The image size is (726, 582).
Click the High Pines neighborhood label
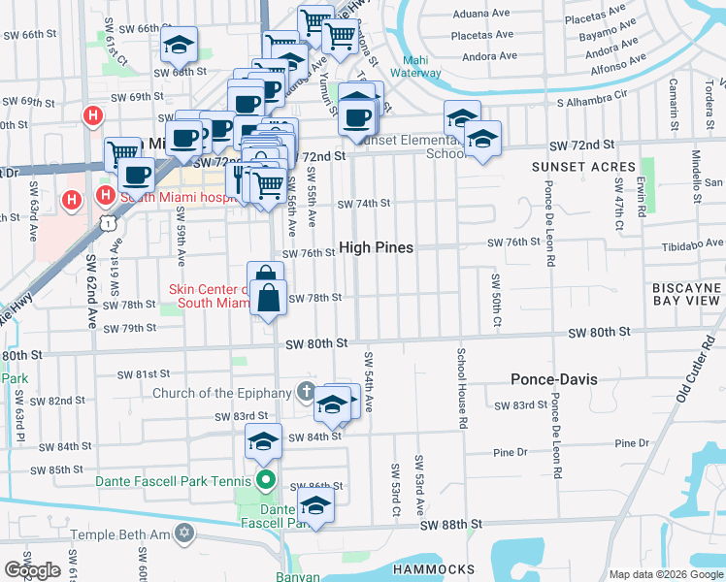coord(376,248)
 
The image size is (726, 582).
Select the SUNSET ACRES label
coord(583,167)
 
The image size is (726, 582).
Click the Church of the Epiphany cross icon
coord(306,393)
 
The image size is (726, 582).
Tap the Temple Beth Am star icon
coord(184,534)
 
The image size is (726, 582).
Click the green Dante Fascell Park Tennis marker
coord(264,479)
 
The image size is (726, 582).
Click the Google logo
coord(32,570)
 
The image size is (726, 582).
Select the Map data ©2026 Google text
coord(665,574)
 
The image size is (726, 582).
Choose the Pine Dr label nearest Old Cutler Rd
coord(631,443)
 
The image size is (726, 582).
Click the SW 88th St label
coord(451,525)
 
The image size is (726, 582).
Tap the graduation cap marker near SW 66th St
coord(179,44)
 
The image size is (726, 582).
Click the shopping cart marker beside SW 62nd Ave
coord(122,152)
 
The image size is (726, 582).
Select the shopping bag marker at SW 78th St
coord(270,301)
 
